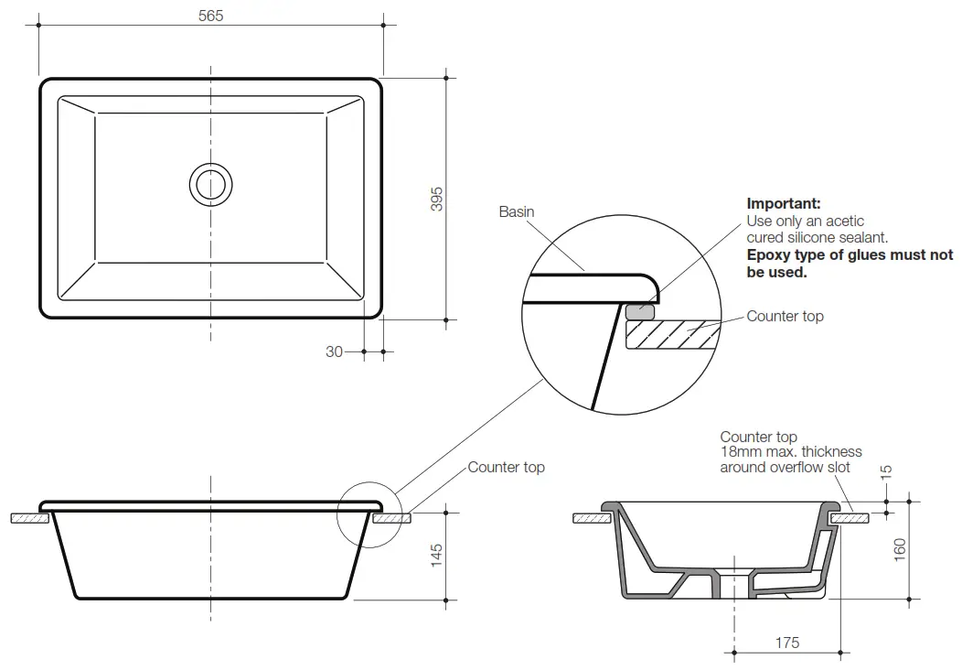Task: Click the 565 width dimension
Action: click(x=210, y=16)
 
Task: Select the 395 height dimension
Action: click(x=437, y=199)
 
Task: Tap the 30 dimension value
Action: click(x=334, y=351)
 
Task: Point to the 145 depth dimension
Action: click(x=436, y=555)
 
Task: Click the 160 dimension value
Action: click(x=900, y=549)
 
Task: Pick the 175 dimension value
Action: click(x=786, y=643)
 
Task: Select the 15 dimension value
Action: click(x=885, y=471)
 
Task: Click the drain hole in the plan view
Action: click(x=211, y=184)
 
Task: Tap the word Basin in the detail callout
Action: click(x=517, y=211)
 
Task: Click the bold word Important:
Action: click(x=784, y=203)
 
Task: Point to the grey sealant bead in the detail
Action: click(x=640, y=311)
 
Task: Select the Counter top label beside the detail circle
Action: click(x=785, y=316)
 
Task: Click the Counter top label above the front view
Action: click(x=506, y=467)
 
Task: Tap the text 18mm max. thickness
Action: click(x=790, y=452)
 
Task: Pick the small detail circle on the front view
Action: click(x=369, y=513)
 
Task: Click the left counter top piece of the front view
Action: click(x=28, y=518)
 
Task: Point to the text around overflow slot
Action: click(x=785, y=468)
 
